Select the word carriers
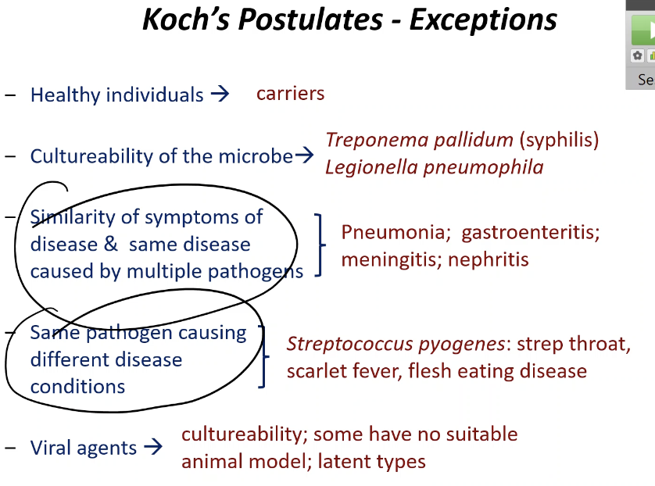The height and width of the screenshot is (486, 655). click(290, 94)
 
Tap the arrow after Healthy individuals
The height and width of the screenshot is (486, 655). click(220, 95)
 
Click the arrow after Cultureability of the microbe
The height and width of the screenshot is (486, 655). click(305, 156)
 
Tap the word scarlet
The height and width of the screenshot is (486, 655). click(315, 371)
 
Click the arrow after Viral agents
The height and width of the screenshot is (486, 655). click(153, 448)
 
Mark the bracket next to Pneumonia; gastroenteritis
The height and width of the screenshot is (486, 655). click(320, 245)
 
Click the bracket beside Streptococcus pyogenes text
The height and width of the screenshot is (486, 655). click(264, 357)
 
